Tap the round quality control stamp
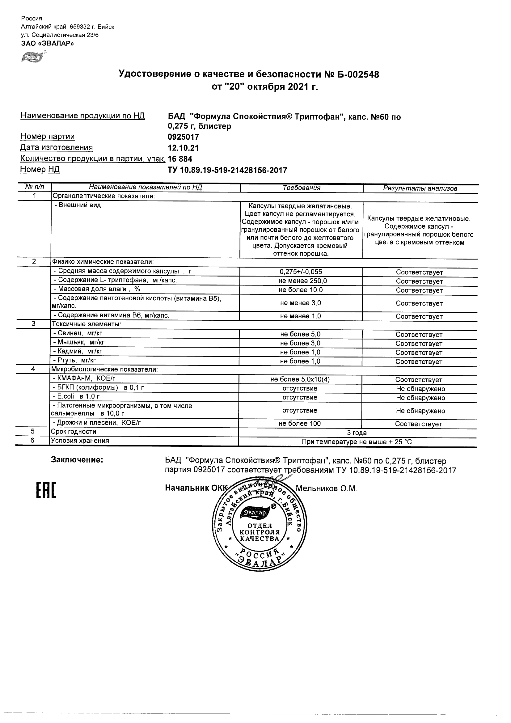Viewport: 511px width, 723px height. click(x=260, y=524)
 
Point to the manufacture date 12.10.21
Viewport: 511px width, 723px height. click(x=183, y=148)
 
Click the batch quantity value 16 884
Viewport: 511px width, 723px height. click(x=180, y=159)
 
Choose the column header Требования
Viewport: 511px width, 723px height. click(x=301, y=188)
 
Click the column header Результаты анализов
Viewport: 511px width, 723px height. click(x=420, y=188)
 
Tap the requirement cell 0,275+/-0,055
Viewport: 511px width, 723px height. click(x=301, y=272)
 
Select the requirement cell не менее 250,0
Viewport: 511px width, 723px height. click(x=301, y=281)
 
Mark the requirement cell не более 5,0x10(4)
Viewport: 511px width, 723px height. click(x=300, y=379)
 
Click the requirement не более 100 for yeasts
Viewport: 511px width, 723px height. click(x=299, y=424)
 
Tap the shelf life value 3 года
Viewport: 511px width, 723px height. click(x=357, y=433)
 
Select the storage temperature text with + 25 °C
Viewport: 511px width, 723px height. click(x=357, y=442)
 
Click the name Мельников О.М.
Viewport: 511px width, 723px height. click(x=327, y=488)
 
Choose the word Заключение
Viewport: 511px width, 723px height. click(x=77, y=460)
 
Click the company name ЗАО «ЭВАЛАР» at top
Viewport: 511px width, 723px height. click(x=48, y=44)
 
